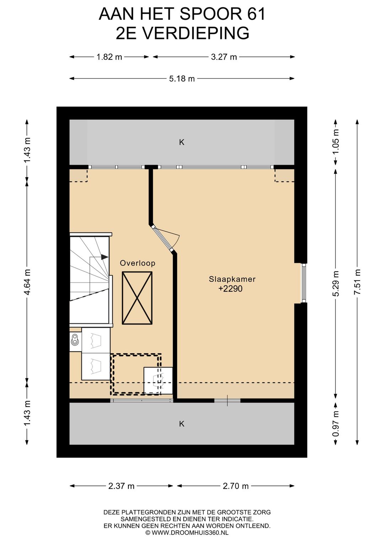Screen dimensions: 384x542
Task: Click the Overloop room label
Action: coord(137,263)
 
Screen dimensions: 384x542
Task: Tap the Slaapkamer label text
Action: coord(232,279)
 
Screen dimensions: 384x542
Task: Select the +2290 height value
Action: coord(230,289)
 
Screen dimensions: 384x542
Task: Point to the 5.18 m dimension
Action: coord(182,78)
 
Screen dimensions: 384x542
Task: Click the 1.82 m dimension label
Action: coord(109,57)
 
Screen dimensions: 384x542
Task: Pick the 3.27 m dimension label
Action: coord(224,57)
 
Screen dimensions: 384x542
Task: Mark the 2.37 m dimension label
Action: coord(121,486)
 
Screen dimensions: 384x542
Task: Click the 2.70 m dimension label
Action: coord(236,486)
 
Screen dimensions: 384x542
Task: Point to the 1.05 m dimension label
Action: coord(336,142)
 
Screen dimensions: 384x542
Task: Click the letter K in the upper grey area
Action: coord(182,142)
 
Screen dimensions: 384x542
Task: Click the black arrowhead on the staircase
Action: coord(105,257)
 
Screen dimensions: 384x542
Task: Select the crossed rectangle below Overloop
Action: coord(137,298)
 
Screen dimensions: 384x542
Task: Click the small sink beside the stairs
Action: coord(75,339)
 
